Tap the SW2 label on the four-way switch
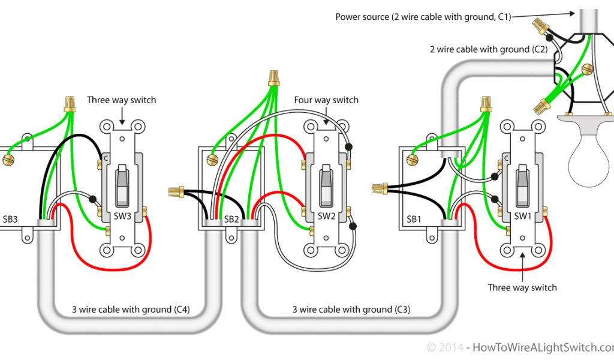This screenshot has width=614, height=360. (x=326, y=216)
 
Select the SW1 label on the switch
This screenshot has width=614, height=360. (x=522, y=216)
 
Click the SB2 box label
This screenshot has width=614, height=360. (x=231, y=220)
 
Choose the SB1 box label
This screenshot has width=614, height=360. (x=414, y=220)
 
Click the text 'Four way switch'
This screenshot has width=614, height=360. (x=326, y=100)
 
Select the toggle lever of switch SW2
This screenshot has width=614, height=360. (x=326, y=183)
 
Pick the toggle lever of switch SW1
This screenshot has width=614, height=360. (x=522, y=183)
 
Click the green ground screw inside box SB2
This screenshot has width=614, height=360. (x=212, y=160)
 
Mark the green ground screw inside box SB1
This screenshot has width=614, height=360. (x=411, y=160)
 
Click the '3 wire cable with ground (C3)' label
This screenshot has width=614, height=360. (x=351, y=310)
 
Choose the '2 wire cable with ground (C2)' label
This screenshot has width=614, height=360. (x=488, y=49)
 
